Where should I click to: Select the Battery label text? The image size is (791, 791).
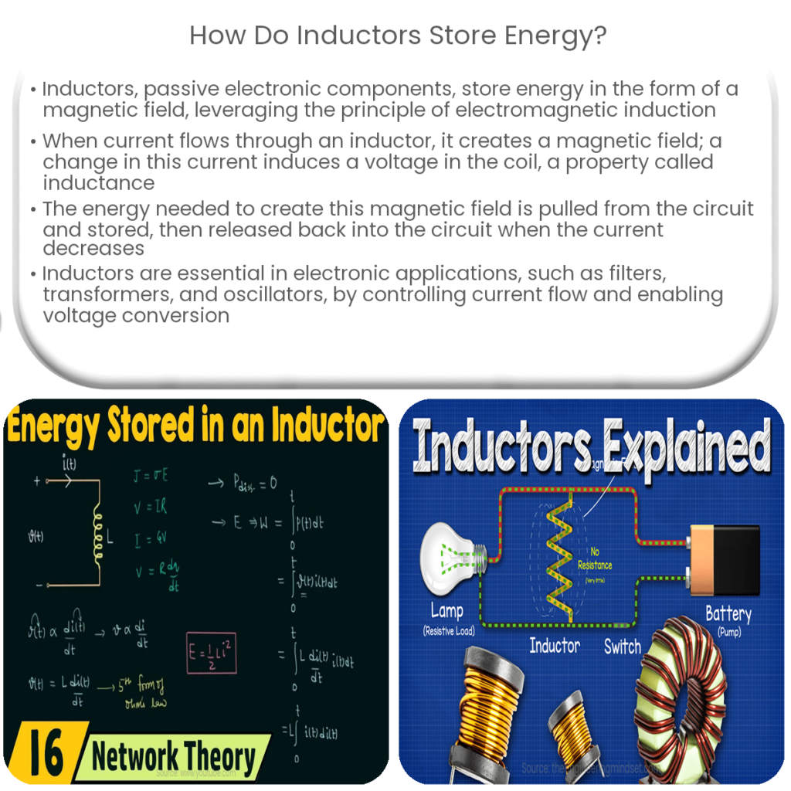tap(728, 614)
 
